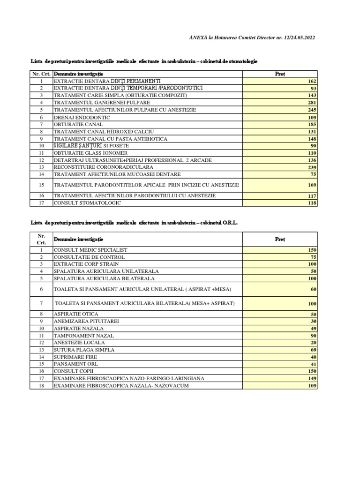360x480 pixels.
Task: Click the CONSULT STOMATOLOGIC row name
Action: pos(88,203)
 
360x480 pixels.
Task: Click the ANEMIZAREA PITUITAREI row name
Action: pos(86,321)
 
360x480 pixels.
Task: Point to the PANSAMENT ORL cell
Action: pos(76,364)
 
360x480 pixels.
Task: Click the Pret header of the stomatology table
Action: pos(280,74)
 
